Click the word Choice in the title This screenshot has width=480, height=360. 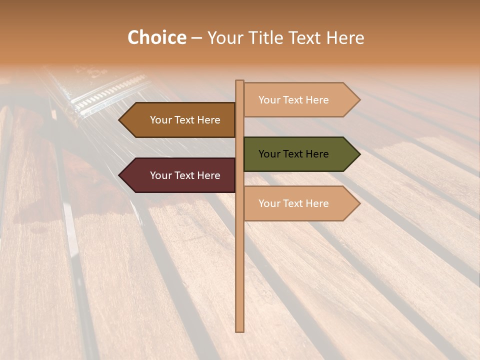coord(156,38)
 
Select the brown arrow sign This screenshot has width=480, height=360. coord(180,120)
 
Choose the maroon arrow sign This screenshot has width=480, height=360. coord(180,175)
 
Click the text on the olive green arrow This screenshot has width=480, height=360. coord(293,154)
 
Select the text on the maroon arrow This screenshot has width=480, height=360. coord(185,175)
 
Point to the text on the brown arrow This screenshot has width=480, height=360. coord(185,120)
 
